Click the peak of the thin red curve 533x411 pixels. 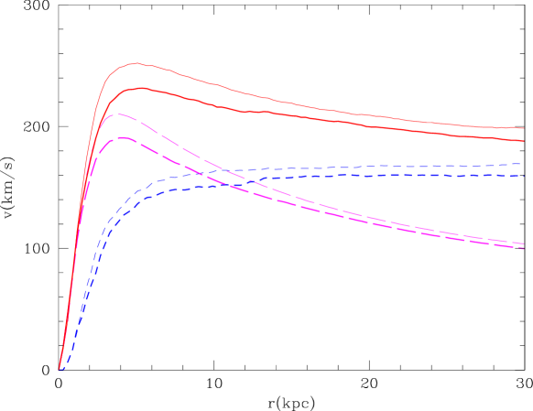coord(136,63)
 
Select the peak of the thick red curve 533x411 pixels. coord(140,88)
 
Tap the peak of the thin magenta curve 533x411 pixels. coord(118,114)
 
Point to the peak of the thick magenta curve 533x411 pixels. coord(124,138)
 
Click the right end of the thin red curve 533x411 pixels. coord(523,128)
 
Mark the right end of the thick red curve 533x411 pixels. coord(523,141)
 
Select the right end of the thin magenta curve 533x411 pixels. coord(523,243)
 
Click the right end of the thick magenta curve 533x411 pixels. coord(523,249)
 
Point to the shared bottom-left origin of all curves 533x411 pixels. coord(60,370)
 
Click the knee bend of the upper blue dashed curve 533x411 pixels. coord(137,193)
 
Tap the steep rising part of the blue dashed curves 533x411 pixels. coord(85,293)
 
